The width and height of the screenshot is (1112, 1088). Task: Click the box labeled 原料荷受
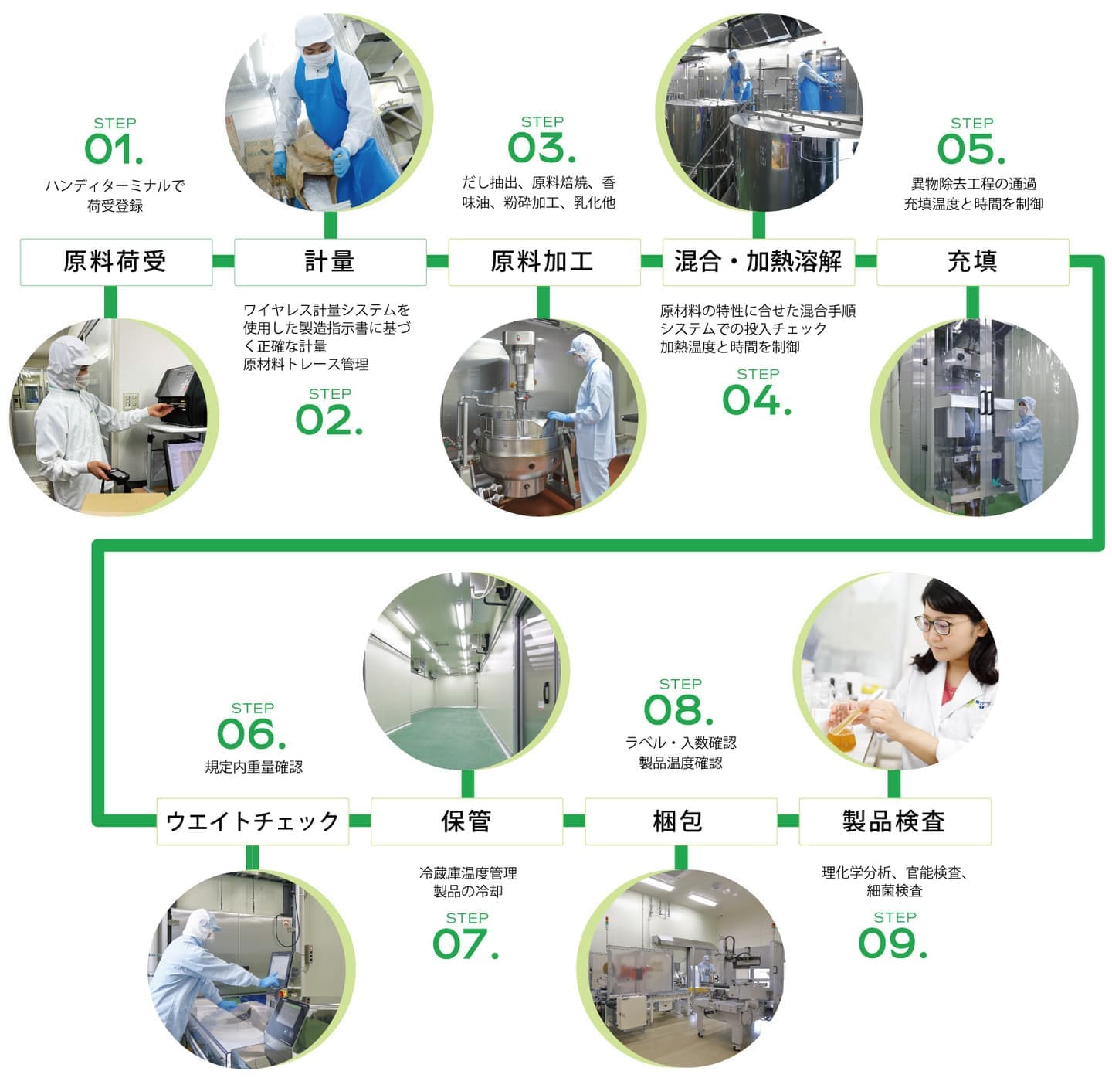coord(116,262)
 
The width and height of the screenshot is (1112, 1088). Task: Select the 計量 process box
coord(331,262)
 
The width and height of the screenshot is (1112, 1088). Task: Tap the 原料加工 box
coord(544,262)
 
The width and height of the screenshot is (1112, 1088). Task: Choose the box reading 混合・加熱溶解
coord(758,262)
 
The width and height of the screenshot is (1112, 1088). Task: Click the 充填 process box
coord(972,262)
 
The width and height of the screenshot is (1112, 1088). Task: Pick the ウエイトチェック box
coord(253,821)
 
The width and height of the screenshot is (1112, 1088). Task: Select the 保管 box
coord(467,821)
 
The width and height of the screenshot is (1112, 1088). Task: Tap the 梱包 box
coord(680,821)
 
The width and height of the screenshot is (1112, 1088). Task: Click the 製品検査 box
coord(895,821)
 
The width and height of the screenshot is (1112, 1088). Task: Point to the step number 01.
coord(114,149)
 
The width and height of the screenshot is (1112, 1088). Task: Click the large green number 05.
coord(971,149)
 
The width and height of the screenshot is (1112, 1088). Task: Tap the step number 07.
coord(466,944)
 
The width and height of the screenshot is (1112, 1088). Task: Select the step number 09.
coord(893,944)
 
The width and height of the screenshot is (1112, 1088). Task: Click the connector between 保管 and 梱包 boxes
coord(574,821)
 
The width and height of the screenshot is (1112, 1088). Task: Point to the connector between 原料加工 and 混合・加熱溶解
coord(652,262)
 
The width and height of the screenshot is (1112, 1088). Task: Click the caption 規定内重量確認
coord(254,767)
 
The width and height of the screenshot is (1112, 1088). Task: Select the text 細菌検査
coord(894,891)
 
